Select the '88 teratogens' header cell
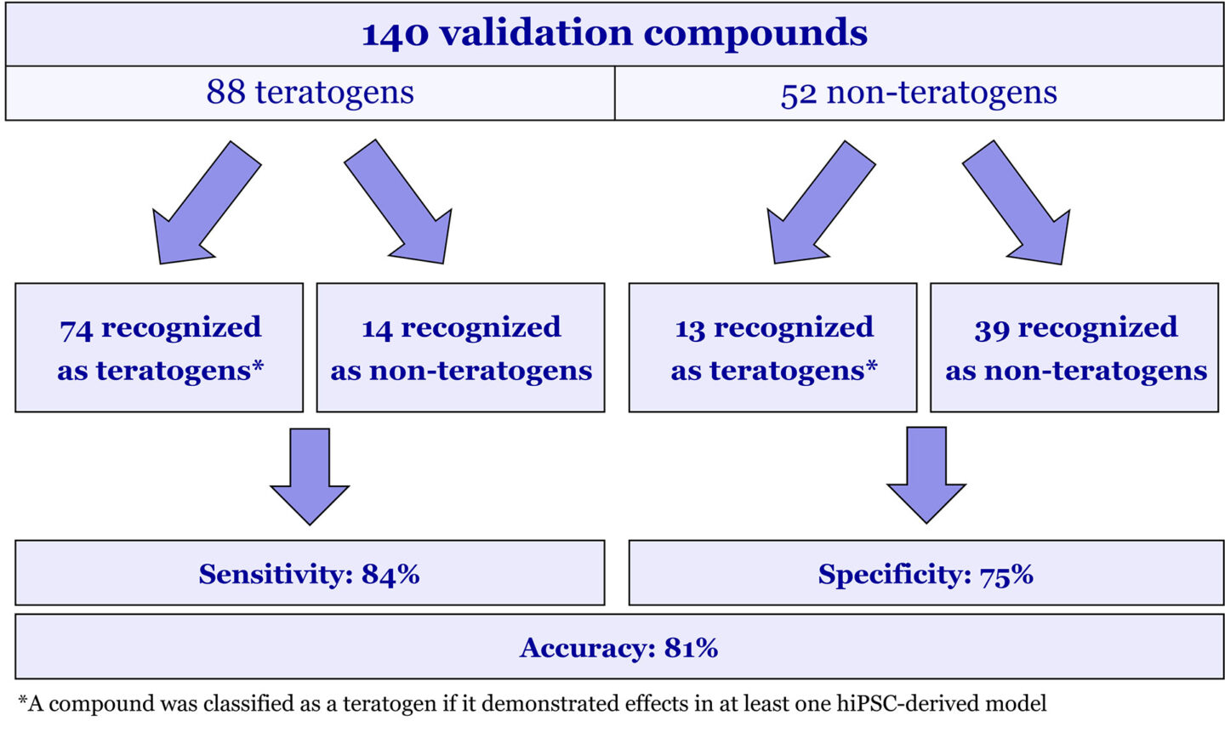click(x=310, y=92)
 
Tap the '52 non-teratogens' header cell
click(x=919, y=92)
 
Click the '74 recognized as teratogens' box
click(x=159, y=348)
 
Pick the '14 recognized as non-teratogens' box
click(x=461, y=348)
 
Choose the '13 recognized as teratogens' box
click(x=773, y=348)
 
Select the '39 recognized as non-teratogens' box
click(x=1075, y=348)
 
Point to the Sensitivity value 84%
click(x=390, y=574)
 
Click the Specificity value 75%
click(x=1006, y=574)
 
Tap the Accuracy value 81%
click(x=691, y=648)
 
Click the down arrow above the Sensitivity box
click(x=310, y=476)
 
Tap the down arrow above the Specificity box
click(x=926, y=474)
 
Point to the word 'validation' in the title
click(x=536, y=34)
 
